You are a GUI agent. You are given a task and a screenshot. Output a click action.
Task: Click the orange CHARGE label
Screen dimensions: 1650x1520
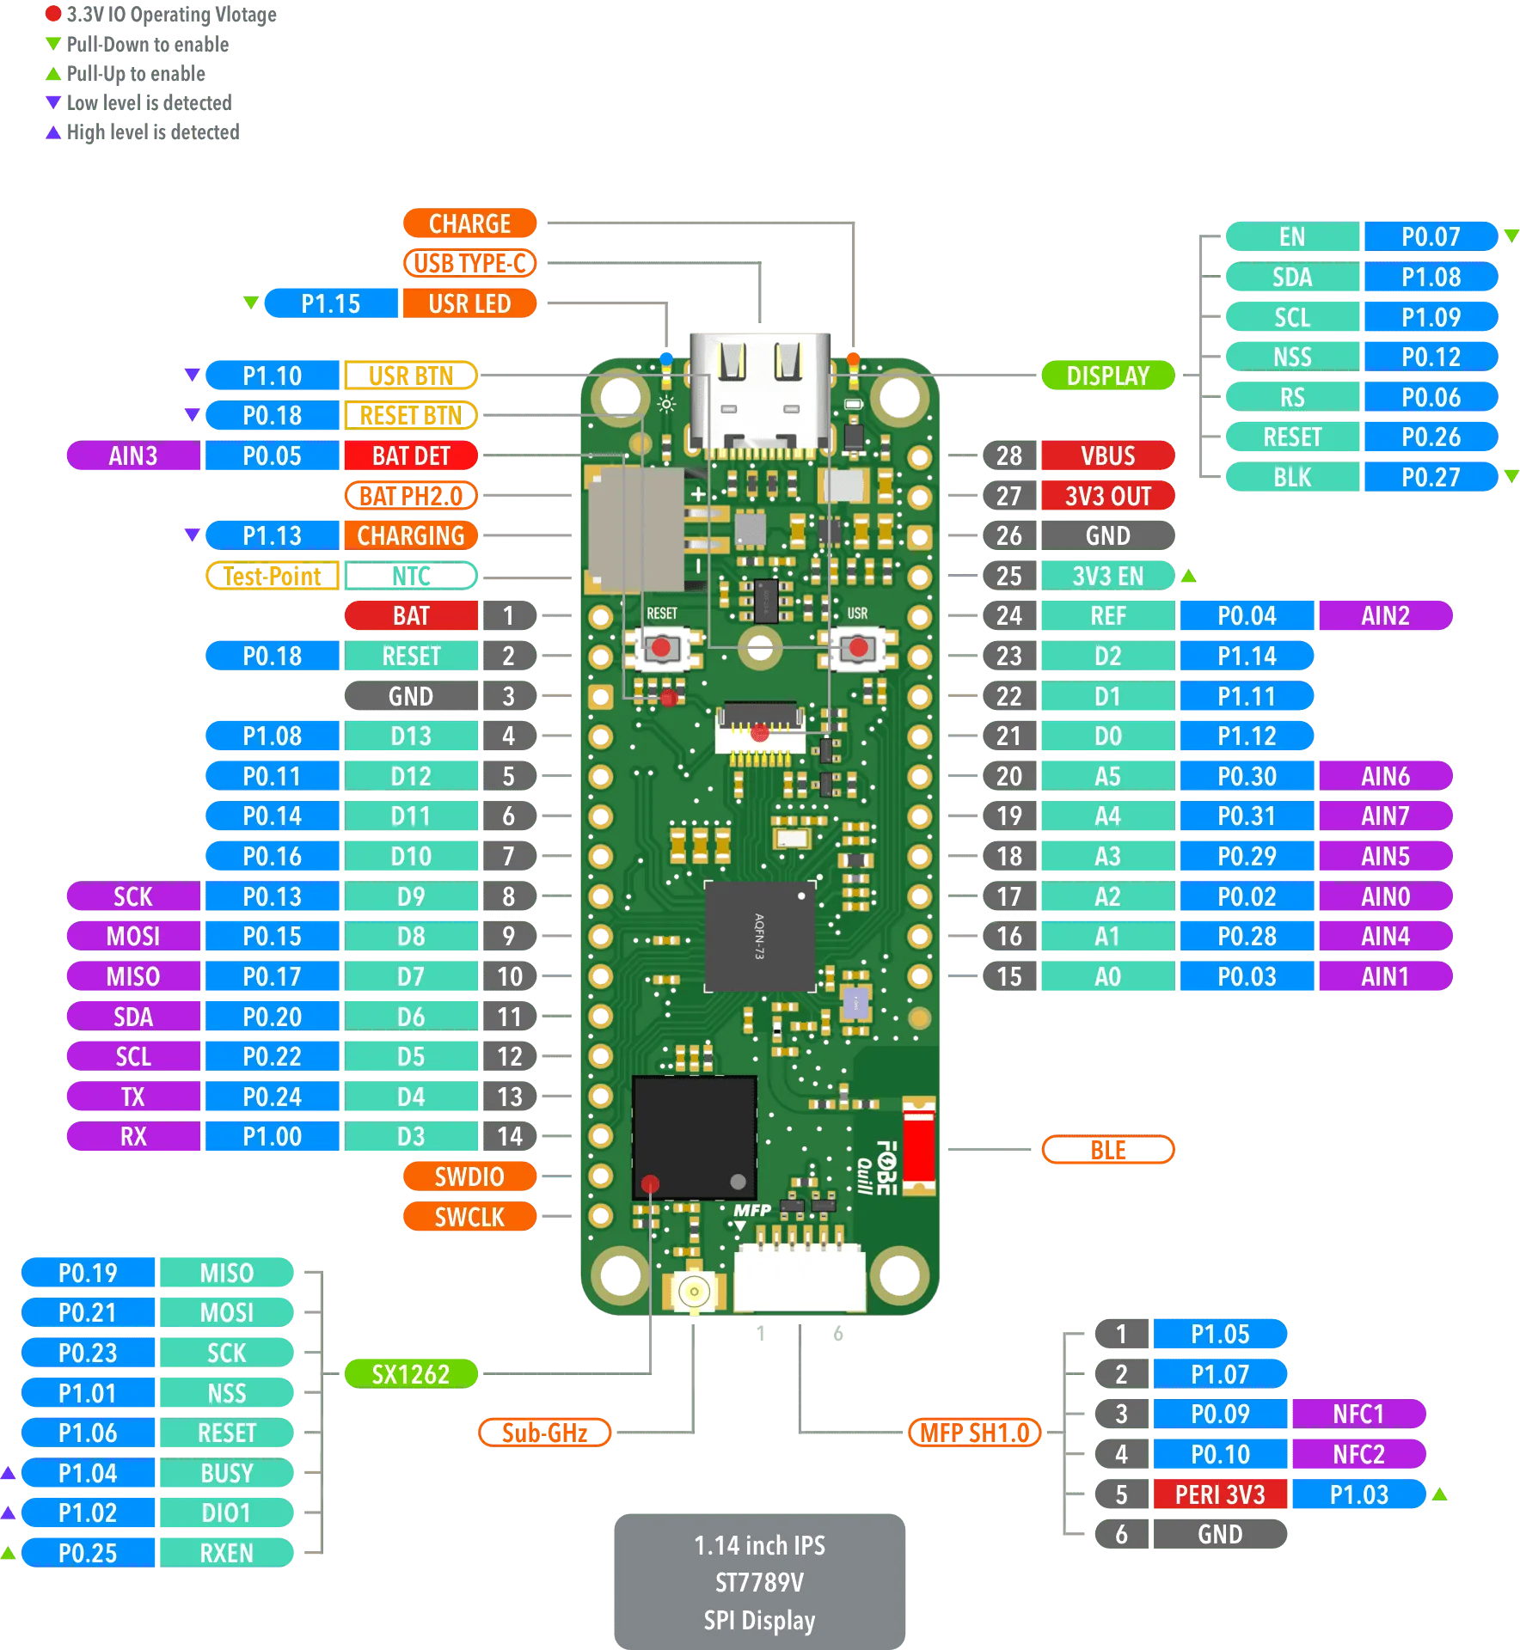[x=469, y=223]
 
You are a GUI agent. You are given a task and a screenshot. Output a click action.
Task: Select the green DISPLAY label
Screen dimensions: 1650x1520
[x=1107, y=376]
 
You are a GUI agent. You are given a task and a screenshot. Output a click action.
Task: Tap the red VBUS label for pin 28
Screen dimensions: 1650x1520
[x=1107, y=455]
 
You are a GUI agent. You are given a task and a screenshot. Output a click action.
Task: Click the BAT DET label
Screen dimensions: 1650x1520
[x=410, y=455]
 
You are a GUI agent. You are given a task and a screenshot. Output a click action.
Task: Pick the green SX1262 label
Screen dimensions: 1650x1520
[x=410, y=1374]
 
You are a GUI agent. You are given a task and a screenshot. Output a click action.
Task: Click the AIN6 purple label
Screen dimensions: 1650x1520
[x=1384, y=776]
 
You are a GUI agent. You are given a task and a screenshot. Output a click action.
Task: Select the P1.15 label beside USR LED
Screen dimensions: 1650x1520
[x=330, y=303]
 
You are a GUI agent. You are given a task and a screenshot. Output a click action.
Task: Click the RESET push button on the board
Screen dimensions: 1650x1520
[x=661, y=647]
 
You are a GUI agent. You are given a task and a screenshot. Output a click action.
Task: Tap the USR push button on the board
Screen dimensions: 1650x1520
[x=857, y=647]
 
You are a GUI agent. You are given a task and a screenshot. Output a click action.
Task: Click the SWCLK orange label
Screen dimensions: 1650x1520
[x=469, y=1217]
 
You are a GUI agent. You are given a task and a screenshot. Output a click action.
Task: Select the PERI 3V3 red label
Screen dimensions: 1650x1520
[x=1219, y=1494]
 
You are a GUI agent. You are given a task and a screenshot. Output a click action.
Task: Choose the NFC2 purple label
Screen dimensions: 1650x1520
[x=1358, y=1454]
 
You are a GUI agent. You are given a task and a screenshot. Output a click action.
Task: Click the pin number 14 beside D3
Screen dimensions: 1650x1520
[x=509, y=1136]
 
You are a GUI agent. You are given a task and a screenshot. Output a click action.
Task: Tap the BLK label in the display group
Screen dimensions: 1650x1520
[x=1291, y=477]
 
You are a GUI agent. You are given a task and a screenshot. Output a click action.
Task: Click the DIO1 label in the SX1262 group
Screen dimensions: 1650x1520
[x=226, y=1512]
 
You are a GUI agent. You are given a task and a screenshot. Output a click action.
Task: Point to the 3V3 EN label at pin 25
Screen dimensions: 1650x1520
[x=1107, y=576]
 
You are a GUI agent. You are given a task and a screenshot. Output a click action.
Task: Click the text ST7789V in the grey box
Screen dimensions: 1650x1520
[x=759, y=1582]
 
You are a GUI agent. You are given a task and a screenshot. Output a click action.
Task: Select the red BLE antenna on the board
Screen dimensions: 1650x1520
[x=918, y=1146]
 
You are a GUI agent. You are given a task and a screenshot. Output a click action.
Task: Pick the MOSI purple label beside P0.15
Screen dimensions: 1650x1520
[x=133, y=936]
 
